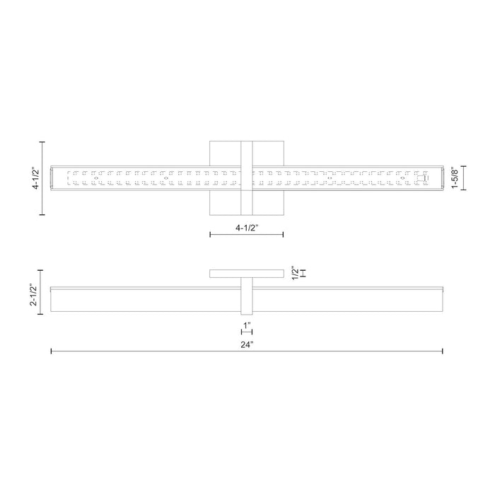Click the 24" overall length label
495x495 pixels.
pyautogui.click(x=246, y=344)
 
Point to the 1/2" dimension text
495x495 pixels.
pyautogui.click(x=296, y=273)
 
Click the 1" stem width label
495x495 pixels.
pyautogui.click(x=246, y=326)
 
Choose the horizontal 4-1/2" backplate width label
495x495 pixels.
pyautogui.click(x=246, y=227)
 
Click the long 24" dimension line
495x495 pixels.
pyautogui.click(x=141, y=351)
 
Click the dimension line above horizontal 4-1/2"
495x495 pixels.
pyautogui.click(x=246, y=235)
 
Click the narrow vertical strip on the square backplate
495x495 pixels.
pyautogui.click(x=247, y=179)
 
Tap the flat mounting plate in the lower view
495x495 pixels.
pyautogui.click(x=246, y=274)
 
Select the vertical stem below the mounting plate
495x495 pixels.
pyautogui.click(x=246, y=297)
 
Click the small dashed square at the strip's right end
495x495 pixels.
pyautogui.click(x=421, y=179)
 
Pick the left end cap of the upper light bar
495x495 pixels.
pyautogui.click(x=52, y=179)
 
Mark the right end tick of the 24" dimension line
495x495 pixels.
pyautogui.click(x=443, y=351)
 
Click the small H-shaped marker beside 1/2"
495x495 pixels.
pyautogui.click(x=303, y=273)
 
